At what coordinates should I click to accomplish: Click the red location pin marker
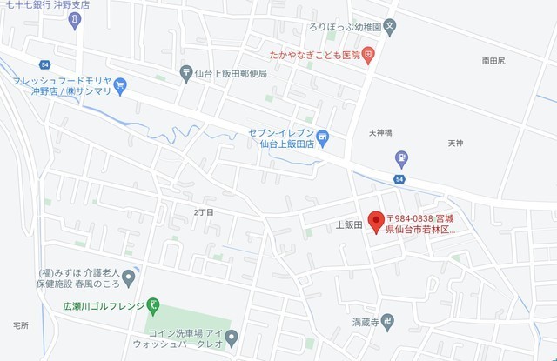pos(375,222)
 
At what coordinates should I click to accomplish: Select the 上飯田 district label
pos(349,224)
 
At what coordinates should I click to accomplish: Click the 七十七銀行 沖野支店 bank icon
pos(74,19)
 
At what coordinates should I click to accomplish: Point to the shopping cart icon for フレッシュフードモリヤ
pos(119,85)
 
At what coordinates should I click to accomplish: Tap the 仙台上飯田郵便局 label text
pos(230,73)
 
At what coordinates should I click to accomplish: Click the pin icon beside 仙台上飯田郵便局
pos(185,72)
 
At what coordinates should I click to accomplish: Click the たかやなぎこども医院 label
pos(314,54)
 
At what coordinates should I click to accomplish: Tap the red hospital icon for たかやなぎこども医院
pos(368,54)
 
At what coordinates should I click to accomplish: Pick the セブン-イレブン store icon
pos(323,137)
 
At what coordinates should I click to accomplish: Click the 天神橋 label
pos(379,132)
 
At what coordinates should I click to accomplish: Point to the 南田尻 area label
pos(493,62)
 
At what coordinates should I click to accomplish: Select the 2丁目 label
pos(204,211)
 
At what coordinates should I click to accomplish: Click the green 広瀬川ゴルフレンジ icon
pos(153,305)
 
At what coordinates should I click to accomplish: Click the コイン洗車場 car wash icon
pos(231,336)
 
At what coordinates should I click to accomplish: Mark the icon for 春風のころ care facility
pos(129,277)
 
